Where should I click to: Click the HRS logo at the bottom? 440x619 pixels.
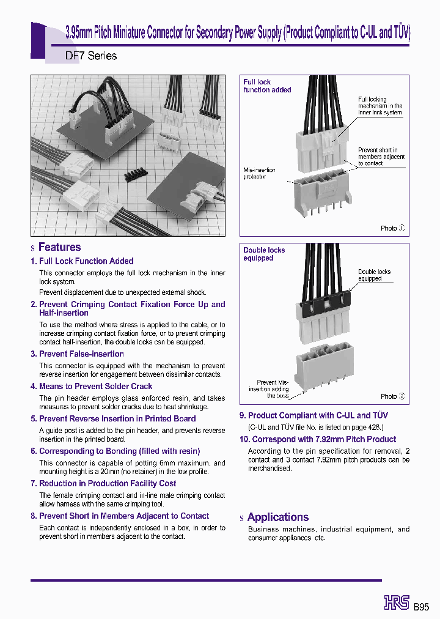click(x=397, y=602)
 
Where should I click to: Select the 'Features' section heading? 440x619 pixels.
click(x=59, y=247)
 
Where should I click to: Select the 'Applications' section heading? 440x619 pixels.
click(x=278, y=517)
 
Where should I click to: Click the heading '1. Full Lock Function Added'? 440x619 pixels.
click(x=82, y=261)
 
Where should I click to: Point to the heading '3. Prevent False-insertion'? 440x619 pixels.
click(x=77, y=354)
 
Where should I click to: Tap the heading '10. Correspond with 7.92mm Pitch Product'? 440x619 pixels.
click(x=318, y=439)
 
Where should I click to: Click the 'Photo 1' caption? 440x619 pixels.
click(x=392, y=228)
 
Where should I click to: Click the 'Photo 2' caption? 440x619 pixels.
click(x=392, y=396)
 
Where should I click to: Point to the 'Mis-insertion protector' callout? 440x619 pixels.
click(x=259, y=173)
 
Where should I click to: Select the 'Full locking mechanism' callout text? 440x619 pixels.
click(x=380, y=106)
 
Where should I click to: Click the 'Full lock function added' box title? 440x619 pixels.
click(x=267, y=86)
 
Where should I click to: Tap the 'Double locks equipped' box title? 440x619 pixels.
click(x=264, y=254)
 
